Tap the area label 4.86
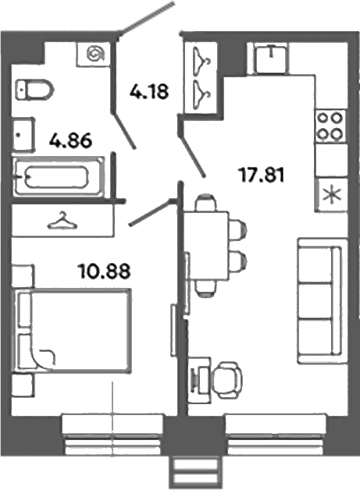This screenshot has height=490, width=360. click(x=71, y=141)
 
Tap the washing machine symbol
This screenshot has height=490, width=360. click(x=96, y=54)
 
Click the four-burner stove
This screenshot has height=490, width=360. click(x=330, y=126)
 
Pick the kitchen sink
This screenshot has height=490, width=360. click(x=269, y=58)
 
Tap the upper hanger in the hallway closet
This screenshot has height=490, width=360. click(x=203, y=60)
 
